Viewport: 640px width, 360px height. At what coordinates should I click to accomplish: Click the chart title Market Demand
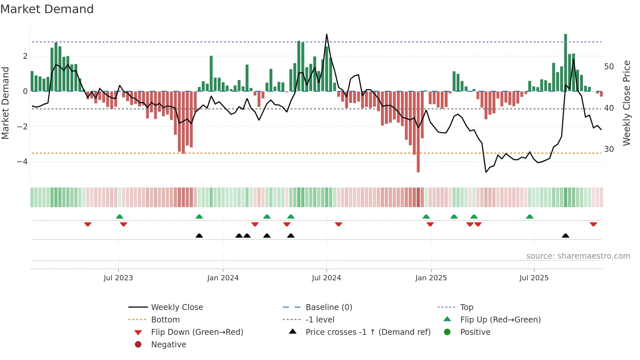(47, 9)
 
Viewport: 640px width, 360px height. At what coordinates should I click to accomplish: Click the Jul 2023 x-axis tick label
(118, 278)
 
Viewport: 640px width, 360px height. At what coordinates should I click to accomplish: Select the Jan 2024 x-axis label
(223, 278)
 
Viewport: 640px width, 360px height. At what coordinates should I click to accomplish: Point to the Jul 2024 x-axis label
(326, 278)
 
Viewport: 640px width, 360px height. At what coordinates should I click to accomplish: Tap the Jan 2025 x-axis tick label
(431, 278)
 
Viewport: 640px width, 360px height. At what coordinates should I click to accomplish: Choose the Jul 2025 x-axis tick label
(534, 278)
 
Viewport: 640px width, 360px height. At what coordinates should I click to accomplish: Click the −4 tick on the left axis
(22, 162)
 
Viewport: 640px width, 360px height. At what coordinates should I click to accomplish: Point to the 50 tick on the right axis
(609, 67)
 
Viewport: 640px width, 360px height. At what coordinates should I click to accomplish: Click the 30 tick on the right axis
(609, 149)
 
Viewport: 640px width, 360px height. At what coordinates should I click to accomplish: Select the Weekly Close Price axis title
(627, 103)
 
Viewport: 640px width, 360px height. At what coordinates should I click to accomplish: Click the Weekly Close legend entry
(177, 307)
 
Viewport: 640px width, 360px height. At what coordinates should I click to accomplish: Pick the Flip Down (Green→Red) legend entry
(197, 332)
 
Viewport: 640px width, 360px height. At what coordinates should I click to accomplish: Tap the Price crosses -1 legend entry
(368, 332)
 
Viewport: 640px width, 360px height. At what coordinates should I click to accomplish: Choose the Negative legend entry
(168, 345)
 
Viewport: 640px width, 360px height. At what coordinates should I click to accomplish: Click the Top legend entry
(467, 307)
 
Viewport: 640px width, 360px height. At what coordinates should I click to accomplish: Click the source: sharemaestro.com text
(578, 256)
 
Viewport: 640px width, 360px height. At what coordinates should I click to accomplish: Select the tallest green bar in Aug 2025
(566, 62)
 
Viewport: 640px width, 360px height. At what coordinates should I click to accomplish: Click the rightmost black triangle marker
(566, 236)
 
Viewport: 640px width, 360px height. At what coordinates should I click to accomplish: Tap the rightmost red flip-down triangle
(593, 224)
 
